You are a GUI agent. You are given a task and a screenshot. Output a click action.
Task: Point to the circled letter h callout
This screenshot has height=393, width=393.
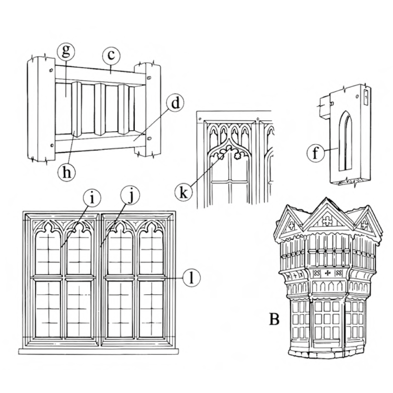[x=66, y=171]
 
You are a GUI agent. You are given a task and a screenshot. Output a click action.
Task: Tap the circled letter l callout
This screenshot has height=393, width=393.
[x=191, y=278]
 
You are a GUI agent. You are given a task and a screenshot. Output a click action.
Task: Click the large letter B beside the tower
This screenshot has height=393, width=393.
[x=274, y=319]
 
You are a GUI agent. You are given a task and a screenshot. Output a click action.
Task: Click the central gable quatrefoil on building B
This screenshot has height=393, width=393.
[x=326, y=220]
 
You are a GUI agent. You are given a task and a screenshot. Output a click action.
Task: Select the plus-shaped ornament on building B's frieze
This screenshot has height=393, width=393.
[x=326, y=273]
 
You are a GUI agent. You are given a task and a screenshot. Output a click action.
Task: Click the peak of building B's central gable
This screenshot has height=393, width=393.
[x=326, y=200]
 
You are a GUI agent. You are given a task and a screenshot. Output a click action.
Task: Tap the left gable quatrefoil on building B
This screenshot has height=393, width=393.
[x=292, y=226]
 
